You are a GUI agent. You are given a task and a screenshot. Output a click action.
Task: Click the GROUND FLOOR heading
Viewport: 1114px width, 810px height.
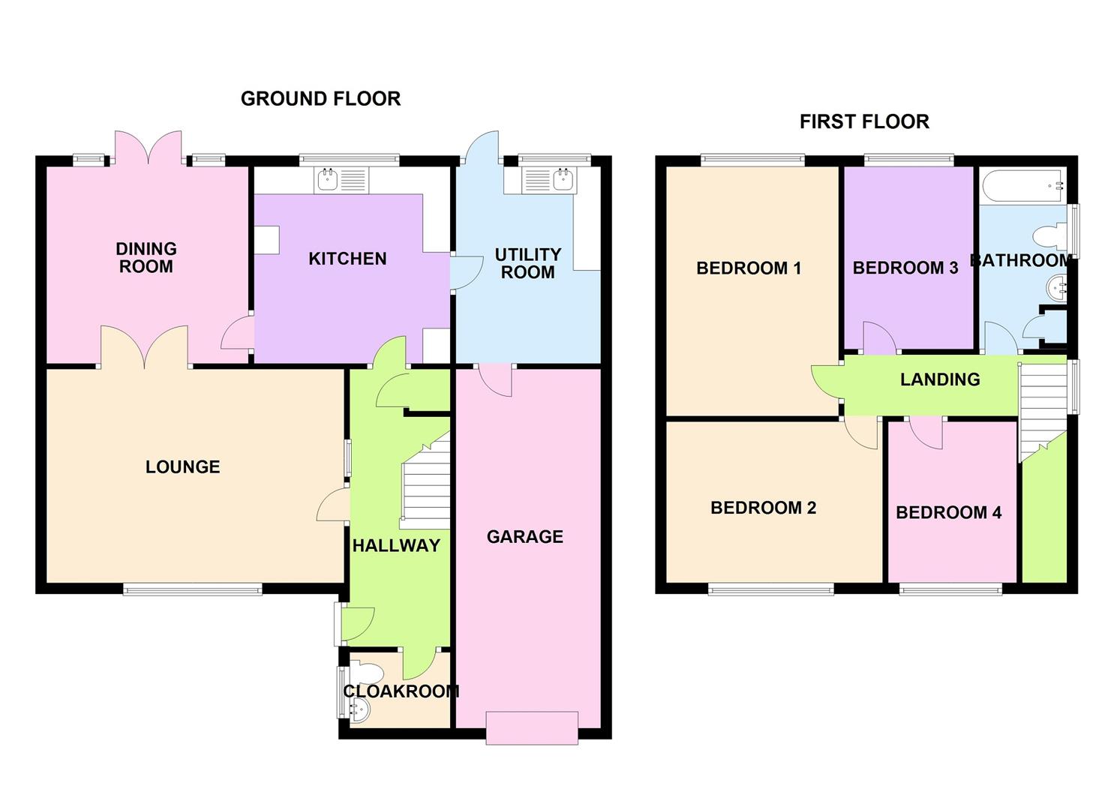coord(320,99)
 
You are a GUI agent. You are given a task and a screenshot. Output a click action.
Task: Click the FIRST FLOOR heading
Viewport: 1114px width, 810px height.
coord(864,121)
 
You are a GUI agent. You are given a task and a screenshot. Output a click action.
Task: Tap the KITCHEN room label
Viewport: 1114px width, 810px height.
coord(347,259)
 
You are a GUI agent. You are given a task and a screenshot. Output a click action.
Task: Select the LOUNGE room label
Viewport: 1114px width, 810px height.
coord(182,467)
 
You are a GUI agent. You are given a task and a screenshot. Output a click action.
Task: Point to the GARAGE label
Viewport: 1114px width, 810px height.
coord(524,537)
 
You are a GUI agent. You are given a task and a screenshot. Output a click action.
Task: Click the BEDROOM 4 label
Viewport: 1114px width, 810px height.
coord(948,513)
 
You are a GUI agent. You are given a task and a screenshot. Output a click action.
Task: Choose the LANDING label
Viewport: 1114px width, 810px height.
coord(940,379)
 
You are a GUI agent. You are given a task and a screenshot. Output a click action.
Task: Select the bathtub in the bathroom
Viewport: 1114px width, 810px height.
coord(1022,184)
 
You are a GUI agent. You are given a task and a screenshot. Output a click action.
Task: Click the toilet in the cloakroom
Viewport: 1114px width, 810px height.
coord(365,670)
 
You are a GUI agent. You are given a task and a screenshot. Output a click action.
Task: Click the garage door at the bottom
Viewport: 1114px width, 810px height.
coord(532,727)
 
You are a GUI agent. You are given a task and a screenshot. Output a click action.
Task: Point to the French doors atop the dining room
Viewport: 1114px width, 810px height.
coord(148,148)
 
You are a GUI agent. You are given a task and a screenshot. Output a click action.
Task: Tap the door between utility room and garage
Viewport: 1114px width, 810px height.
coord(494,379)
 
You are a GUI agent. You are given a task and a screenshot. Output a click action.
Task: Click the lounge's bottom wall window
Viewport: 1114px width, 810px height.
coord(193,589)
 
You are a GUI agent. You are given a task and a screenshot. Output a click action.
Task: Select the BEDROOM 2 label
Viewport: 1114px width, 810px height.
coord(763,508)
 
